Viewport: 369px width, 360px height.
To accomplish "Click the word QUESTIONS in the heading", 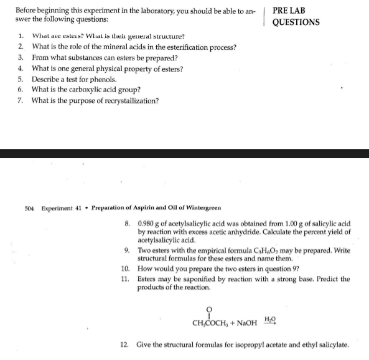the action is (x=296, y=22).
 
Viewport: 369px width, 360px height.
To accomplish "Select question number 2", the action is (x=21, y=47).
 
